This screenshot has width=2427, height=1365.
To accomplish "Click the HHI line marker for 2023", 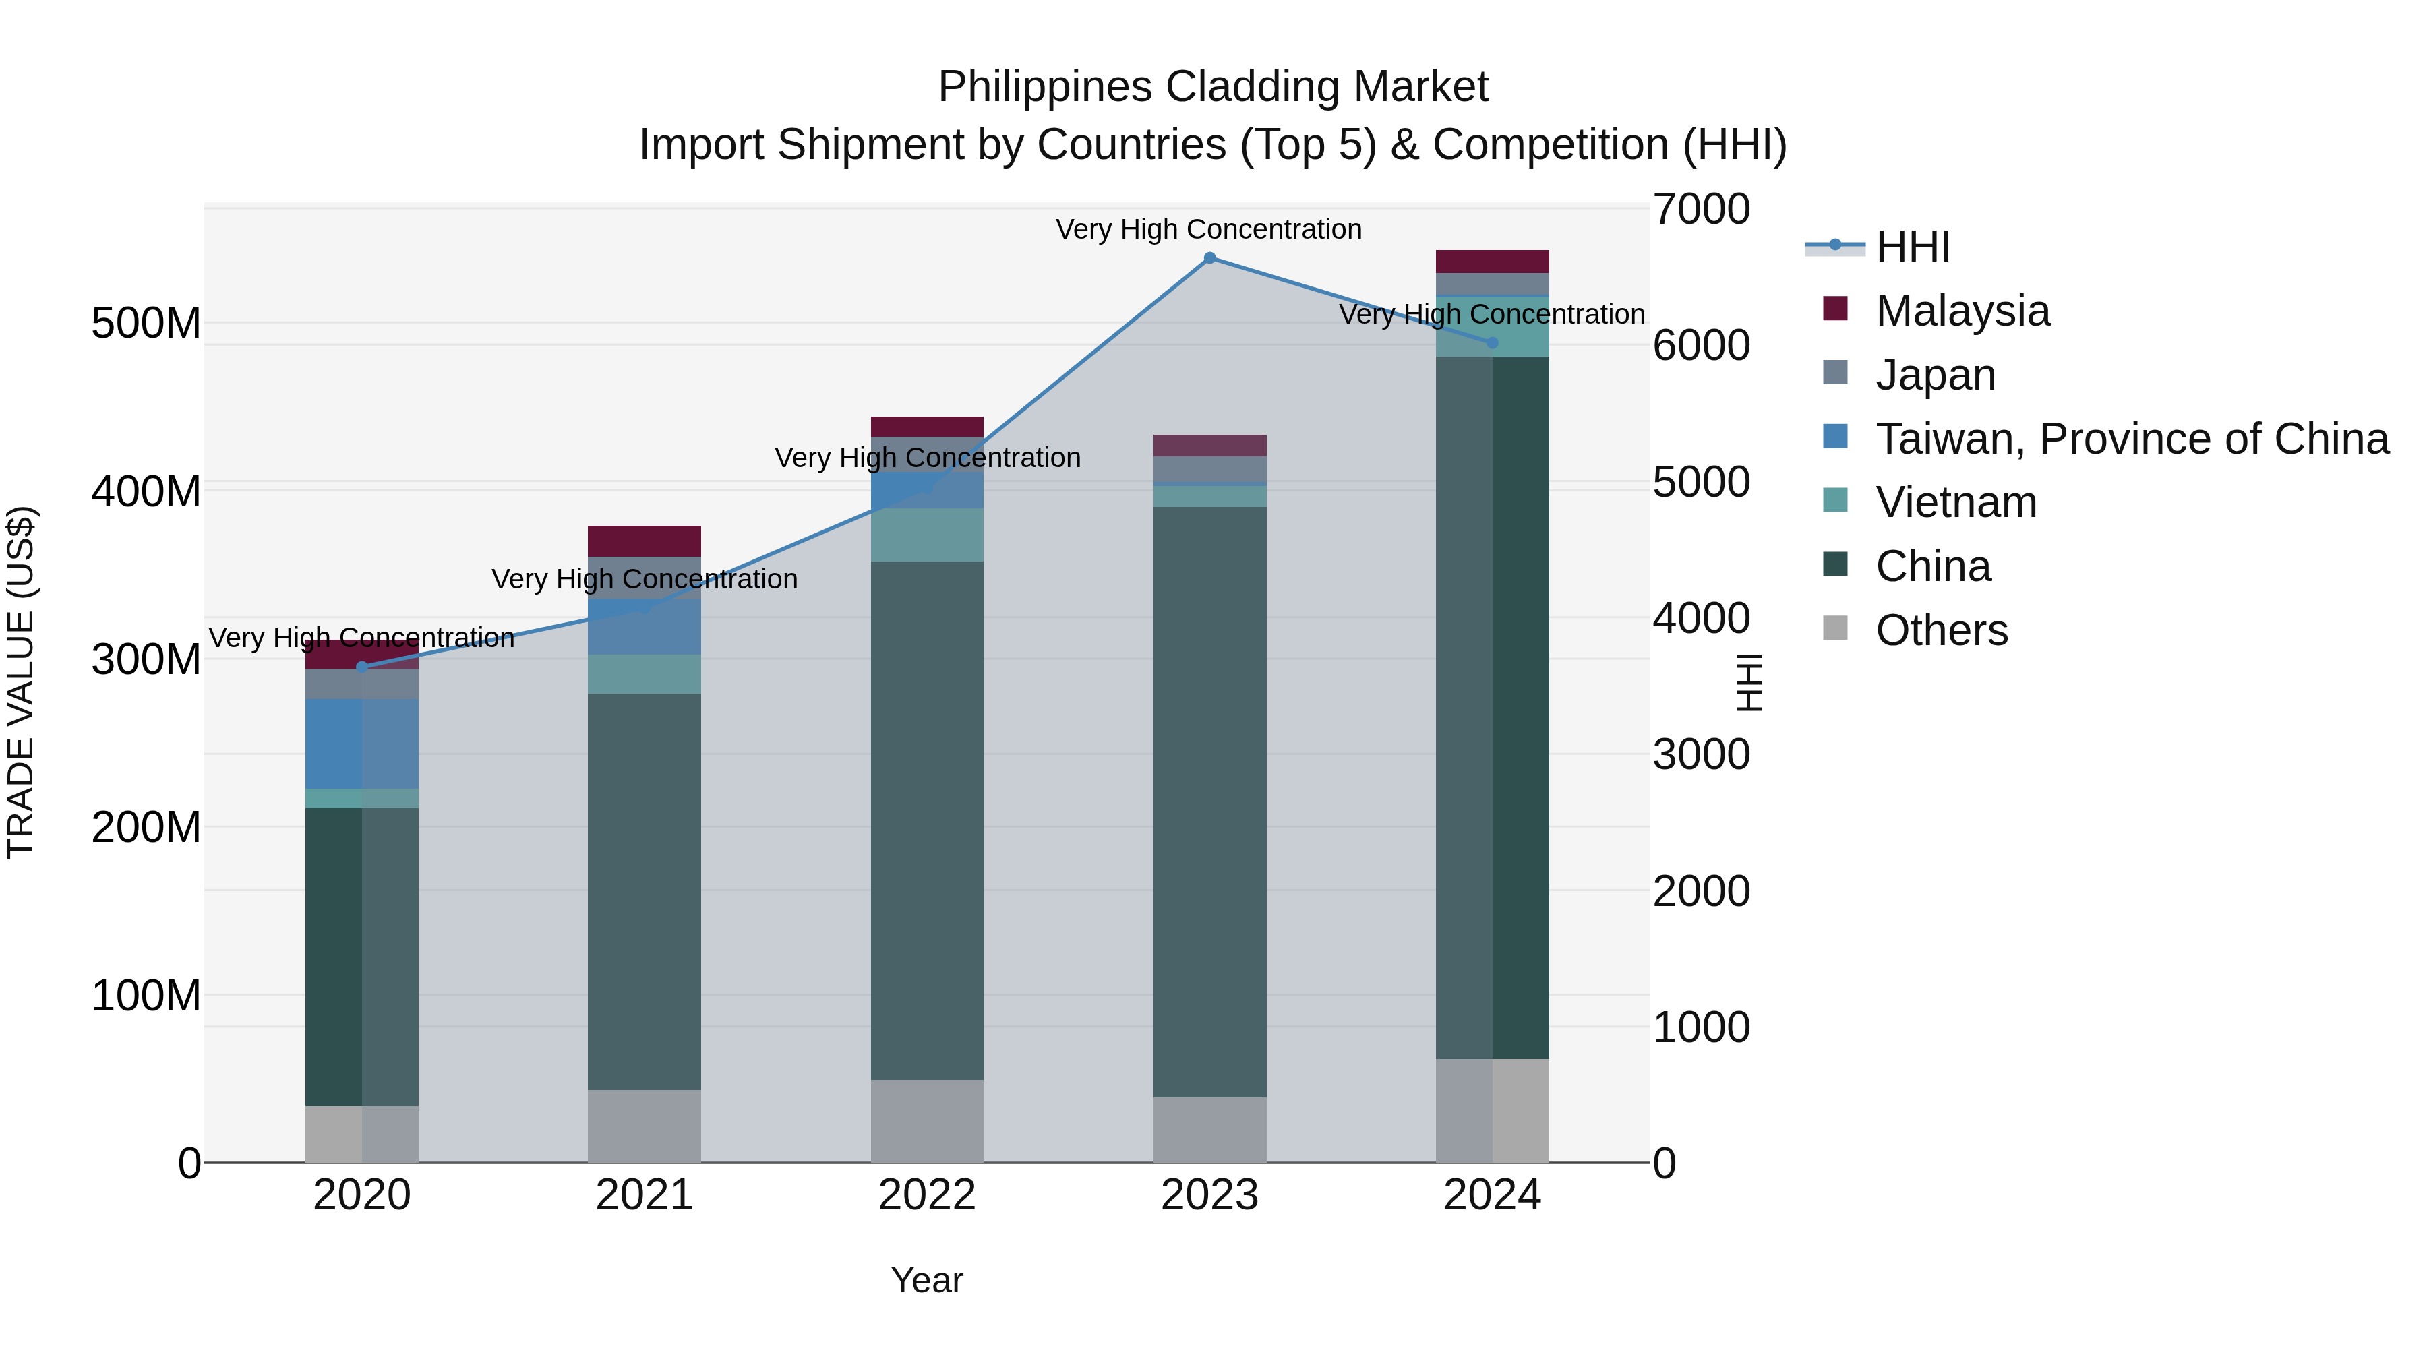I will pos(1209,258).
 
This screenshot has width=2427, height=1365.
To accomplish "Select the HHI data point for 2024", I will pos(1493,343).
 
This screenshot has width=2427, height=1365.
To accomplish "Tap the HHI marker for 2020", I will pos(362,667).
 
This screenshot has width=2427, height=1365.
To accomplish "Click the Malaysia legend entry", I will pos(1962,311).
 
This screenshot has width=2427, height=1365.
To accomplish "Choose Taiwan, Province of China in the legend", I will pos(2131,439).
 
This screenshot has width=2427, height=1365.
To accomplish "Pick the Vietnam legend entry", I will pos(1956,502).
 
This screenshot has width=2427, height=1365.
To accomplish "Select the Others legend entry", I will pos(1941,630).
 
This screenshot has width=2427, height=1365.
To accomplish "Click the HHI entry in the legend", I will pos(1913,247).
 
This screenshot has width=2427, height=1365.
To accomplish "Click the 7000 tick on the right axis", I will pos(1702,209).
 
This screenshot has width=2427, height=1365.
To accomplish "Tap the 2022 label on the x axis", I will pos(927,1195).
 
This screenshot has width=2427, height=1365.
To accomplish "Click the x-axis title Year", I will pos(927,1280).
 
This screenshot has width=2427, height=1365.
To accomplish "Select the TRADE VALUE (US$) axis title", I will pos(21,682).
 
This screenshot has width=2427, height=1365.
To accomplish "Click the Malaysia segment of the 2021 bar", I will pos(645,541).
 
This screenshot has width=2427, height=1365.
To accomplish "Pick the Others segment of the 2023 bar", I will pos(1209,1130).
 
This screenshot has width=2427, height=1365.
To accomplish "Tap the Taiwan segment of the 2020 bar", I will pos(362,744).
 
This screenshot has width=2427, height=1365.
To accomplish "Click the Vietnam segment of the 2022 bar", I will pos(927,535).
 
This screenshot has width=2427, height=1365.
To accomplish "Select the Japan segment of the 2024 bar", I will pos(1493,284).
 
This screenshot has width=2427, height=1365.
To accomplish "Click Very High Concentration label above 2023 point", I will pos(1209,229).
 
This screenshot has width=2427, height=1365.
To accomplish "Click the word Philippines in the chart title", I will pos(1044,88).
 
